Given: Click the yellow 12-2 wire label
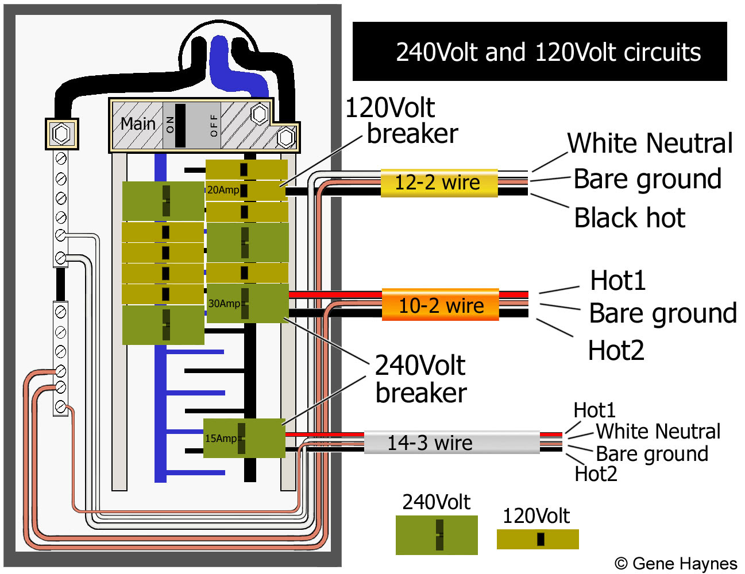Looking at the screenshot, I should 439,183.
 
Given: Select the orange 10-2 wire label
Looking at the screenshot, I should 441,305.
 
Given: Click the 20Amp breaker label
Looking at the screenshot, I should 223,190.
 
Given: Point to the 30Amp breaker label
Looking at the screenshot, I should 224,303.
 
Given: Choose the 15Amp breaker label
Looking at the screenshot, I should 221,439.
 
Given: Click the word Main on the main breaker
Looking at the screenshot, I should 138,123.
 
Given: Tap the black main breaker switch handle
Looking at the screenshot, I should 180,125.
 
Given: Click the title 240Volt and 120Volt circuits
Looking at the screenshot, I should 548,52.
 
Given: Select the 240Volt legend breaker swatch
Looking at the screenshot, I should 437,535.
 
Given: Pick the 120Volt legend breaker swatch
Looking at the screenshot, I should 538,539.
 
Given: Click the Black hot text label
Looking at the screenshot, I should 630,218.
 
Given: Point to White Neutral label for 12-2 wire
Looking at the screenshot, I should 650,143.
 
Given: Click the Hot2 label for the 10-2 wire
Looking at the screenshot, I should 616,350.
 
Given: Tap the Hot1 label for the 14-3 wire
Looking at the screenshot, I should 595,410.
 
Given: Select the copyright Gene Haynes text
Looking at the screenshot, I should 675,564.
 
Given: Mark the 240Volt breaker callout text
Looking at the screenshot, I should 420,379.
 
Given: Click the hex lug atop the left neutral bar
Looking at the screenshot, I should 61,134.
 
